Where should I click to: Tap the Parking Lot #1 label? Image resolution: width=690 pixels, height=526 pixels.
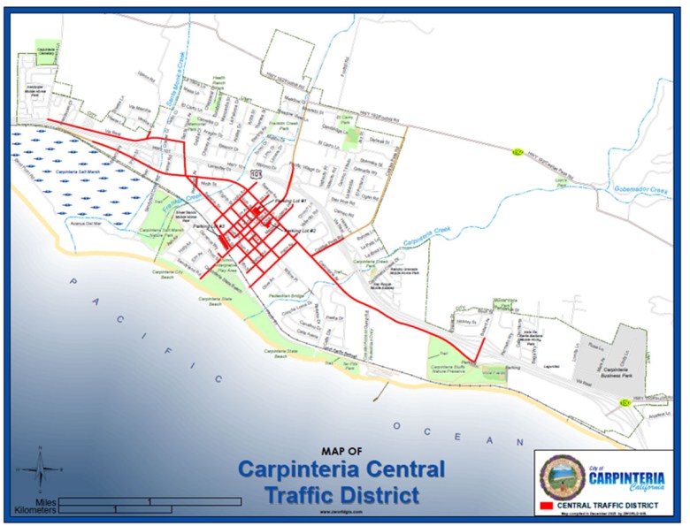point(291,202)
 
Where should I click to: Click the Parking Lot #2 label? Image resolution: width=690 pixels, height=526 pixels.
point(301,231)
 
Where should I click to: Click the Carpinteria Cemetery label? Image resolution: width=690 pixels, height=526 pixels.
point(46,50)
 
